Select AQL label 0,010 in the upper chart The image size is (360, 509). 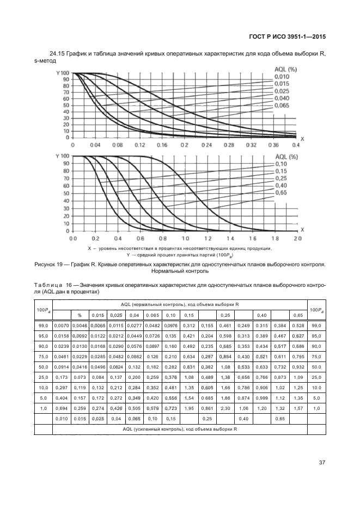click(282, 76)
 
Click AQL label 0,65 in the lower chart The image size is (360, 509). click(280, 192)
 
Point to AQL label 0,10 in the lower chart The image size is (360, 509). click(280, 164)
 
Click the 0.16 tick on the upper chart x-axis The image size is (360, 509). click(162, 146)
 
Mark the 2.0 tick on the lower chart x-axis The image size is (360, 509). click(297, 238)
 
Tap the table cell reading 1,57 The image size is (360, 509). click(298, 408)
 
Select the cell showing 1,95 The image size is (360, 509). click(189, 408)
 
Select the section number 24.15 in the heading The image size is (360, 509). click(57, 53)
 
